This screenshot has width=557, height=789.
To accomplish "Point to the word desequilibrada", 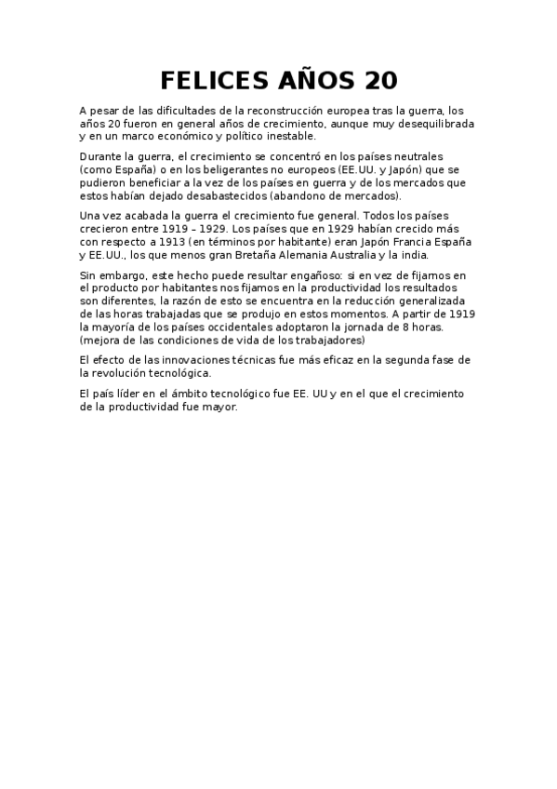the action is tap(432, 124).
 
